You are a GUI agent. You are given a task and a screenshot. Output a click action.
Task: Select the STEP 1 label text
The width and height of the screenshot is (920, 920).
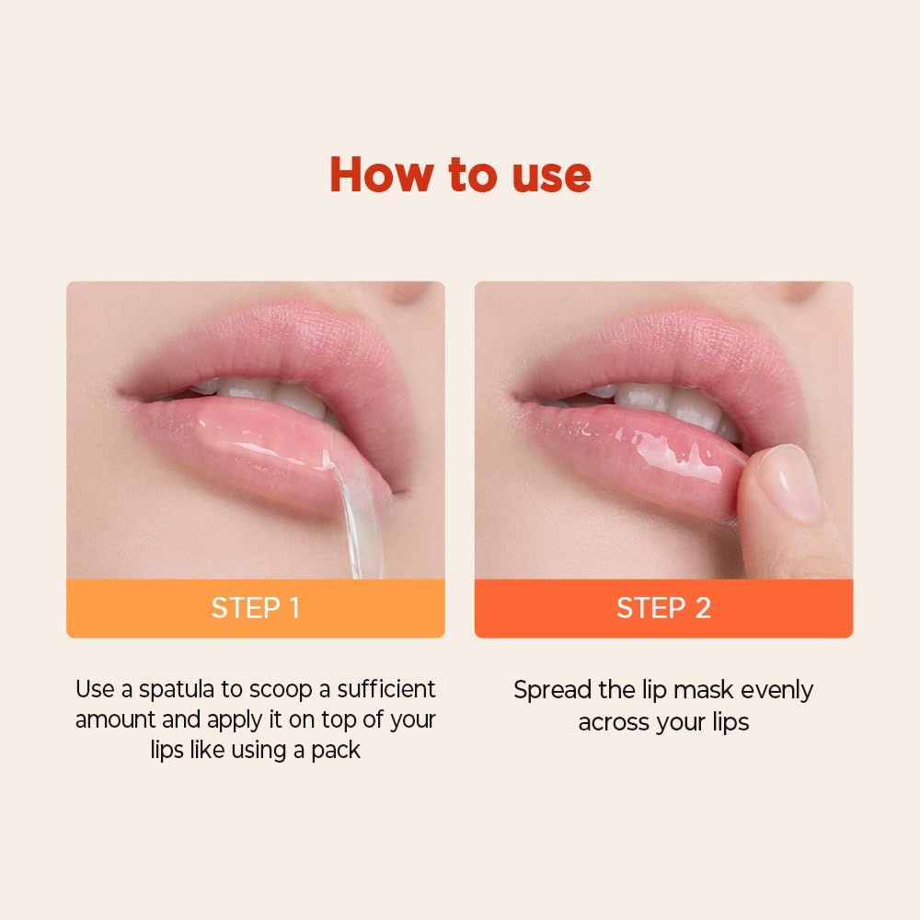pyautogui.click(x=255, y=608)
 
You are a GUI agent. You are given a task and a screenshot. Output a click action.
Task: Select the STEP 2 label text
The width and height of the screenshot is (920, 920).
pyautogui.click(x=663, y=608)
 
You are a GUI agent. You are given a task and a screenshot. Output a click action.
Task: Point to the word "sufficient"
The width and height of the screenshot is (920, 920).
pyautogui.click(x=386, y=689)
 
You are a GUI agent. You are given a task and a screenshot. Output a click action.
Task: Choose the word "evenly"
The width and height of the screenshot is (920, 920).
pyautogui.click(x=776, y=690)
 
